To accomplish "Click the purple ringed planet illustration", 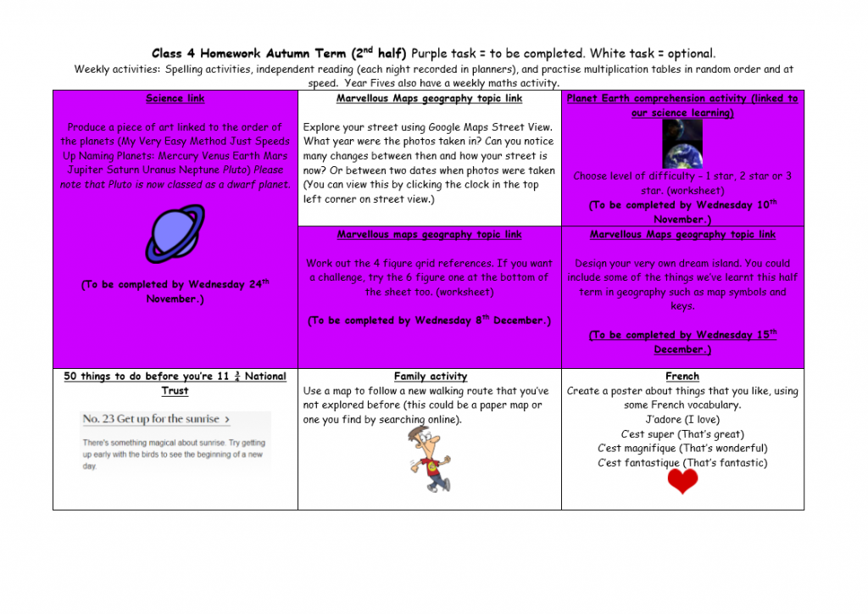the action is (175, 234).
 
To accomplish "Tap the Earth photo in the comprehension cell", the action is (682, 144).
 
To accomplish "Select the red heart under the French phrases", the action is (682, 482).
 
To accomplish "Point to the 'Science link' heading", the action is (175, 98).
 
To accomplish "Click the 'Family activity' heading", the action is (430, 377).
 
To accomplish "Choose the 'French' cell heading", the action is (682, 377).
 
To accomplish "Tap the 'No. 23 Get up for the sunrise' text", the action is (156, 419).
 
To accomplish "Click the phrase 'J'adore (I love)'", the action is (682, 420).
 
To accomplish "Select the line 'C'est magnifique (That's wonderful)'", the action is (682, 449).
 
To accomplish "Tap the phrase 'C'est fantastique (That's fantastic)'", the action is (682, 463).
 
